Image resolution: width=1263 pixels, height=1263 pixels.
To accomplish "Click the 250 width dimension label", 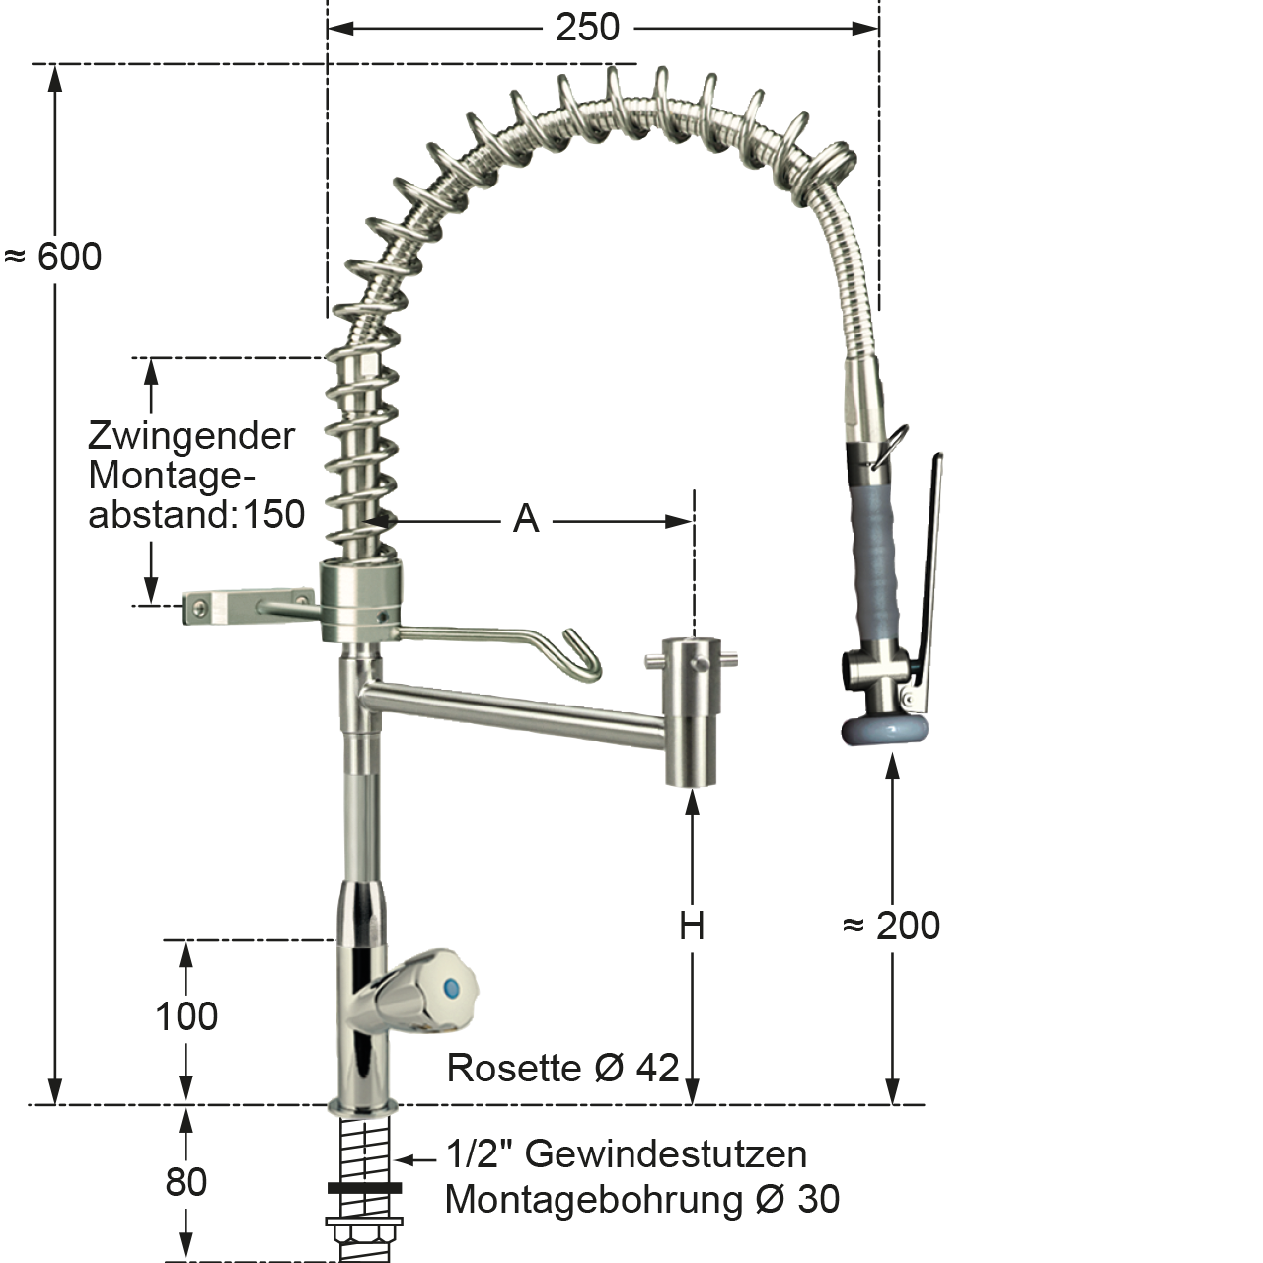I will coord(587,28).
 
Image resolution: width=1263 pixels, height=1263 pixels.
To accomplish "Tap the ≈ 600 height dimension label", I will coord(53,258).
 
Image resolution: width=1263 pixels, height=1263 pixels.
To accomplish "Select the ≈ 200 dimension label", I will coord(892,927).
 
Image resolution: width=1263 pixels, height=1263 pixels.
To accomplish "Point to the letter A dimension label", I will coord(526,518).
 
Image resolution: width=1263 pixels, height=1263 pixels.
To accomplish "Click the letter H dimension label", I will coord(692,927).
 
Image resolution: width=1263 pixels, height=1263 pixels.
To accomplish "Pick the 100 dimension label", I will coord(186,1016).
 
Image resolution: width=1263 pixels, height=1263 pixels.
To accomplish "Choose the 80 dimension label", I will coord(186,1181).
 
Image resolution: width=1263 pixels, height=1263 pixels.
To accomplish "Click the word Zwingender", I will coord(191,436).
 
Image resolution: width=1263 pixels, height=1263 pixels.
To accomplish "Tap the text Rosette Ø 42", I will coord(562,1068).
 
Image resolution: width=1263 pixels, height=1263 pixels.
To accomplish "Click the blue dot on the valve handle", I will coord(452,986).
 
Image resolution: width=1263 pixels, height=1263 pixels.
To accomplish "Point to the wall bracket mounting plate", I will coord(211,608).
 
